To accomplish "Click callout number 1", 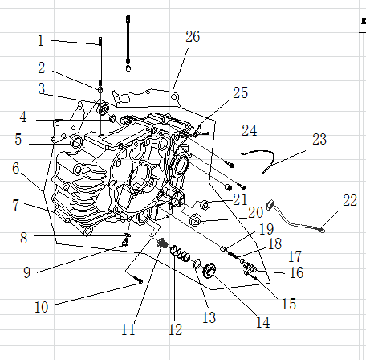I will click(41, 39).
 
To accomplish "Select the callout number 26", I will click(193, 37).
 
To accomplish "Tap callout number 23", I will click(319, 139).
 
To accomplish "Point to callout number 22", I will click(350, 199).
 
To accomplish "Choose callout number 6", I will click(15, 169).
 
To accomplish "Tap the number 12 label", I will click(176, 329).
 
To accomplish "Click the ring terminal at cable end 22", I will click(321, 231).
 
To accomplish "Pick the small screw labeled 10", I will click(140, 280).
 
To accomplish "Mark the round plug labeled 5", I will click(79, 143).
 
